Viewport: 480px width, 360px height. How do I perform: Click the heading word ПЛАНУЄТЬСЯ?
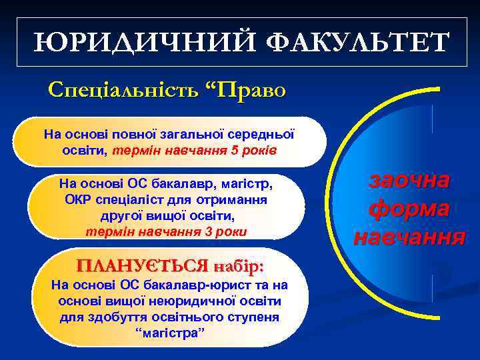point(142,265)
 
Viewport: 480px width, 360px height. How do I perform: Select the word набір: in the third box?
point(239,265)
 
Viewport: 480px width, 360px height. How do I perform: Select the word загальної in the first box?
point(206,133)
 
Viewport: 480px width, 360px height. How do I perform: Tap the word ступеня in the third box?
point(254,317)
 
